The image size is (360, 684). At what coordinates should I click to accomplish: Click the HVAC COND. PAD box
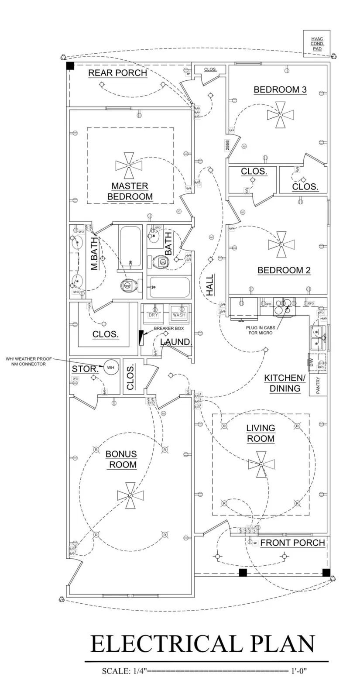[316, 44]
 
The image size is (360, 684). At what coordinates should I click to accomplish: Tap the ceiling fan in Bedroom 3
[281, 114]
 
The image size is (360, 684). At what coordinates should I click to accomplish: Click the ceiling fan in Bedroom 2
[281, 244]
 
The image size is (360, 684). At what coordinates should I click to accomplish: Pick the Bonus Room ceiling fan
[130, 495]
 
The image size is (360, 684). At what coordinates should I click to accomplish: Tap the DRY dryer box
[154, 314]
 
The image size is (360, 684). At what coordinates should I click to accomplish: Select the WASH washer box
[179, 314]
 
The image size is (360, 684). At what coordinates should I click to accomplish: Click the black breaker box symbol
[141, 337]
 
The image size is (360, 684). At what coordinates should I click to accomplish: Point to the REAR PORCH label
[118, 73]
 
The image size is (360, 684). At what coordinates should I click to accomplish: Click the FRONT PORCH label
[293, 543]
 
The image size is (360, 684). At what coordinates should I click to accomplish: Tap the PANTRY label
[318, 386]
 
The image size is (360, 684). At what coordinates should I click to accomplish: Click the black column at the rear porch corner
[70, 66]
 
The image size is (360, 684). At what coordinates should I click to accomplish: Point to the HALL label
[210, 285]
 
